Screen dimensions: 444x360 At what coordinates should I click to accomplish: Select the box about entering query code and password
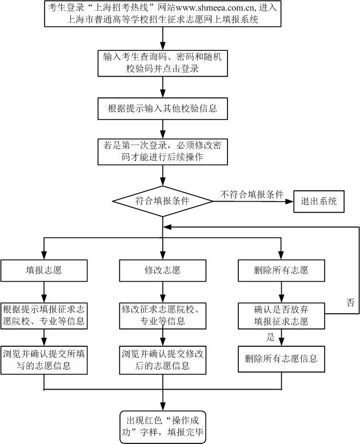point(163,62)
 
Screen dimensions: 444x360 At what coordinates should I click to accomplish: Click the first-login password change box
point(163,151)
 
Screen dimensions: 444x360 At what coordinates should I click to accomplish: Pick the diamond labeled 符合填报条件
point(163,201)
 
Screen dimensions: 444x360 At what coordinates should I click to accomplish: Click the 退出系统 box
point(319,201)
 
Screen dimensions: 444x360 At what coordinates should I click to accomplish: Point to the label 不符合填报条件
point(252,194)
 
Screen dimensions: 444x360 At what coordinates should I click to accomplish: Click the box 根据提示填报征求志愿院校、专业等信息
point(44,315)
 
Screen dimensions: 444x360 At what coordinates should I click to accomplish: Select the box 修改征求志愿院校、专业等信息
point(163,315)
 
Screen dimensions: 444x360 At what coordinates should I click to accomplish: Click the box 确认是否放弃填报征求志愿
point(281,315)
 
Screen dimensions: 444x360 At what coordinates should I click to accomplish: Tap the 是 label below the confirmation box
point(271,338)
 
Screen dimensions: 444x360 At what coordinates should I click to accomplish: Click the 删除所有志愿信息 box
point(281,359)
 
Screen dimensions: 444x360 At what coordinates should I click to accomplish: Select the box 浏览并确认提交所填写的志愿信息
point(44,359)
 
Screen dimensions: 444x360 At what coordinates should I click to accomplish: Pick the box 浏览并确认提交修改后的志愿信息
point(163,359)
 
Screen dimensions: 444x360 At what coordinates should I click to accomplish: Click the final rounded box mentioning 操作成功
point(163,426)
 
